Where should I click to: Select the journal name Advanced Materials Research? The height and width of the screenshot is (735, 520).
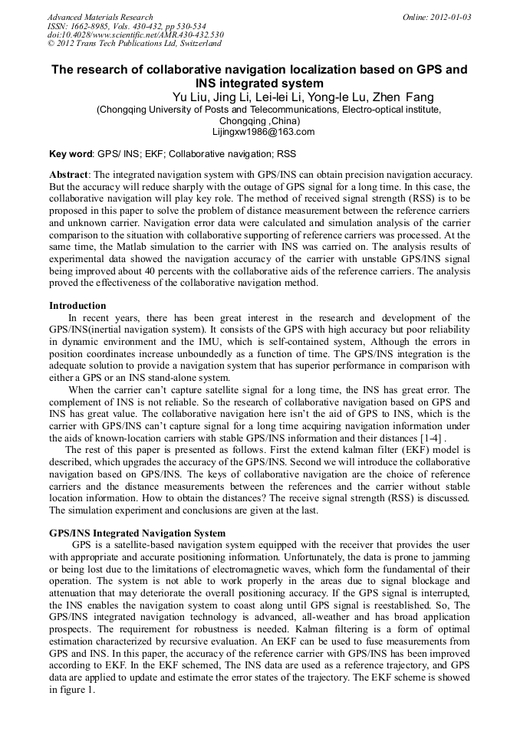pyautogui.click(x=100, y=17)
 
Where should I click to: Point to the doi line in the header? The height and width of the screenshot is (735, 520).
pyautogui.click(x=136, y=34)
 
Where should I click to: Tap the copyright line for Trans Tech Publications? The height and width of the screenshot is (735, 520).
pyautogui.click(x=134, y=44)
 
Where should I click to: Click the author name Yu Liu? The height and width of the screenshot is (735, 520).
pyautogui.click(x=189, y=97)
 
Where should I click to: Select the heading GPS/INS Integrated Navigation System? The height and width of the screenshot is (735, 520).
pyautogui.click(x=137, y=533)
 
